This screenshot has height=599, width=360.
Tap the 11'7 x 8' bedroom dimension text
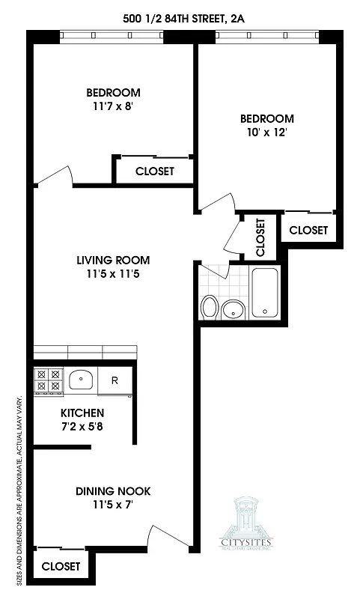click(x=113, y=106)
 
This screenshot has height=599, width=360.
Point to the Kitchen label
click(x=82, y=413)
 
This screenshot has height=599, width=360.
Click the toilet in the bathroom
click(x=210, y=307)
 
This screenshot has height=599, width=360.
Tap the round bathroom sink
click(x=235, y=308)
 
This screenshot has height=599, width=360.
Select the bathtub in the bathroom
click(x=266, y=294)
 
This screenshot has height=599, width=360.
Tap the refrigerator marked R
click(x=115, y=380)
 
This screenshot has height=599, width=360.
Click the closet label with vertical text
click(x=260, y=236)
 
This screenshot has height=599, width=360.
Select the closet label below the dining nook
click(x=60, y=567)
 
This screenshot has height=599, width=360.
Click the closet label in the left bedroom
click(x=154, y=171)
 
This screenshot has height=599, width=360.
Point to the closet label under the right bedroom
click(x=308, y=230)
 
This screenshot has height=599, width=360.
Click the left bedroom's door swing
click(x=55, y=177)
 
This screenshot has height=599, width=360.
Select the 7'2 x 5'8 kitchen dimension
click(x=82, y=426)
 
